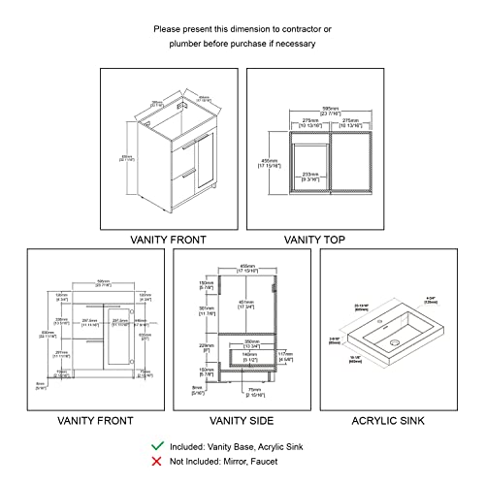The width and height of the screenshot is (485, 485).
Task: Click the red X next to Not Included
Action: pos(157,462)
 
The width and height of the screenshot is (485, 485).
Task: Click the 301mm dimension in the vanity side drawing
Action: pos(205,311)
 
